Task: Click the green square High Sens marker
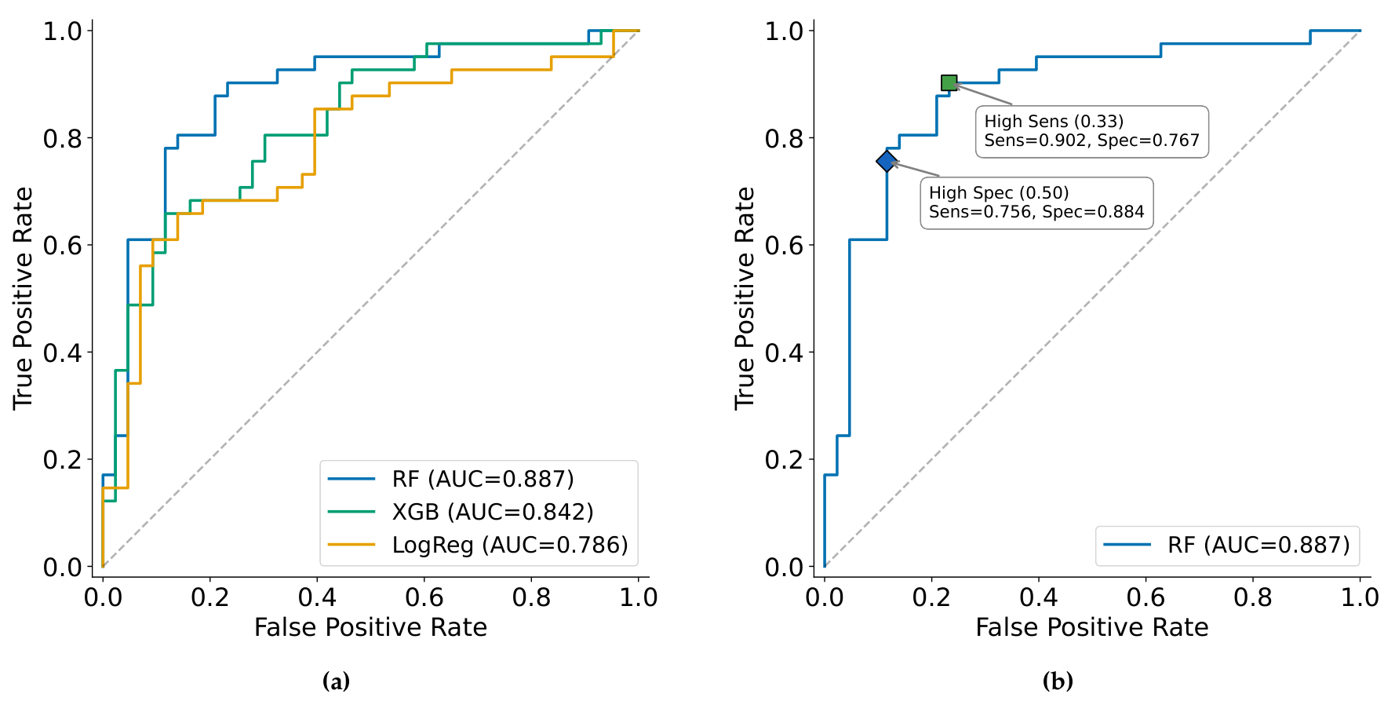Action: pos(949,82)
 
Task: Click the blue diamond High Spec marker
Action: pos(887,161)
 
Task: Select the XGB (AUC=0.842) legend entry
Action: pos(461,512)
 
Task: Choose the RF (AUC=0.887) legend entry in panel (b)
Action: pos(1226,545)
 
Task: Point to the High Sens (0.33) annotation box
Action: pos(1091,131)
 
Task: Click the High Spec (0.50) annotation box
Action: pos(1036,203)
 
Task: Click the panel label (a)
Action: pos(336,681)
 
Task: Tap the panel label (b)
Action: pos(1058,681)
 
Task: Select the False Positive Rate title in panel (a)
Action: pos(370,627)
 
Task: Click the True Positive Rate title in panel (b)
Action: pos(745,298)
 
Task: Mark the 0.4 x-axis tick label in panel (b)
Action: pos(1039,597)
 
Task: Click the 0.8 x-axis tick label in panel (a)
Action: pos(531,597)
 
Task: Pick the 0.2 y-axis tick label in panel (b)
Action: pos(785,459)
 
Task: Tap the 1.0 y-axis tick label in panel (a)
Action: pos(63,31)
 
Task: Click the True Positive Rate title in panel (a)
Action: pos(23,298)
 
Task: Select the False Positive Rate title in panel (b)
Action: pos(1092,627)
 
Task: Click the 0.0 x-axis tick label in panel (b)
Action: pos(825,597)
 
